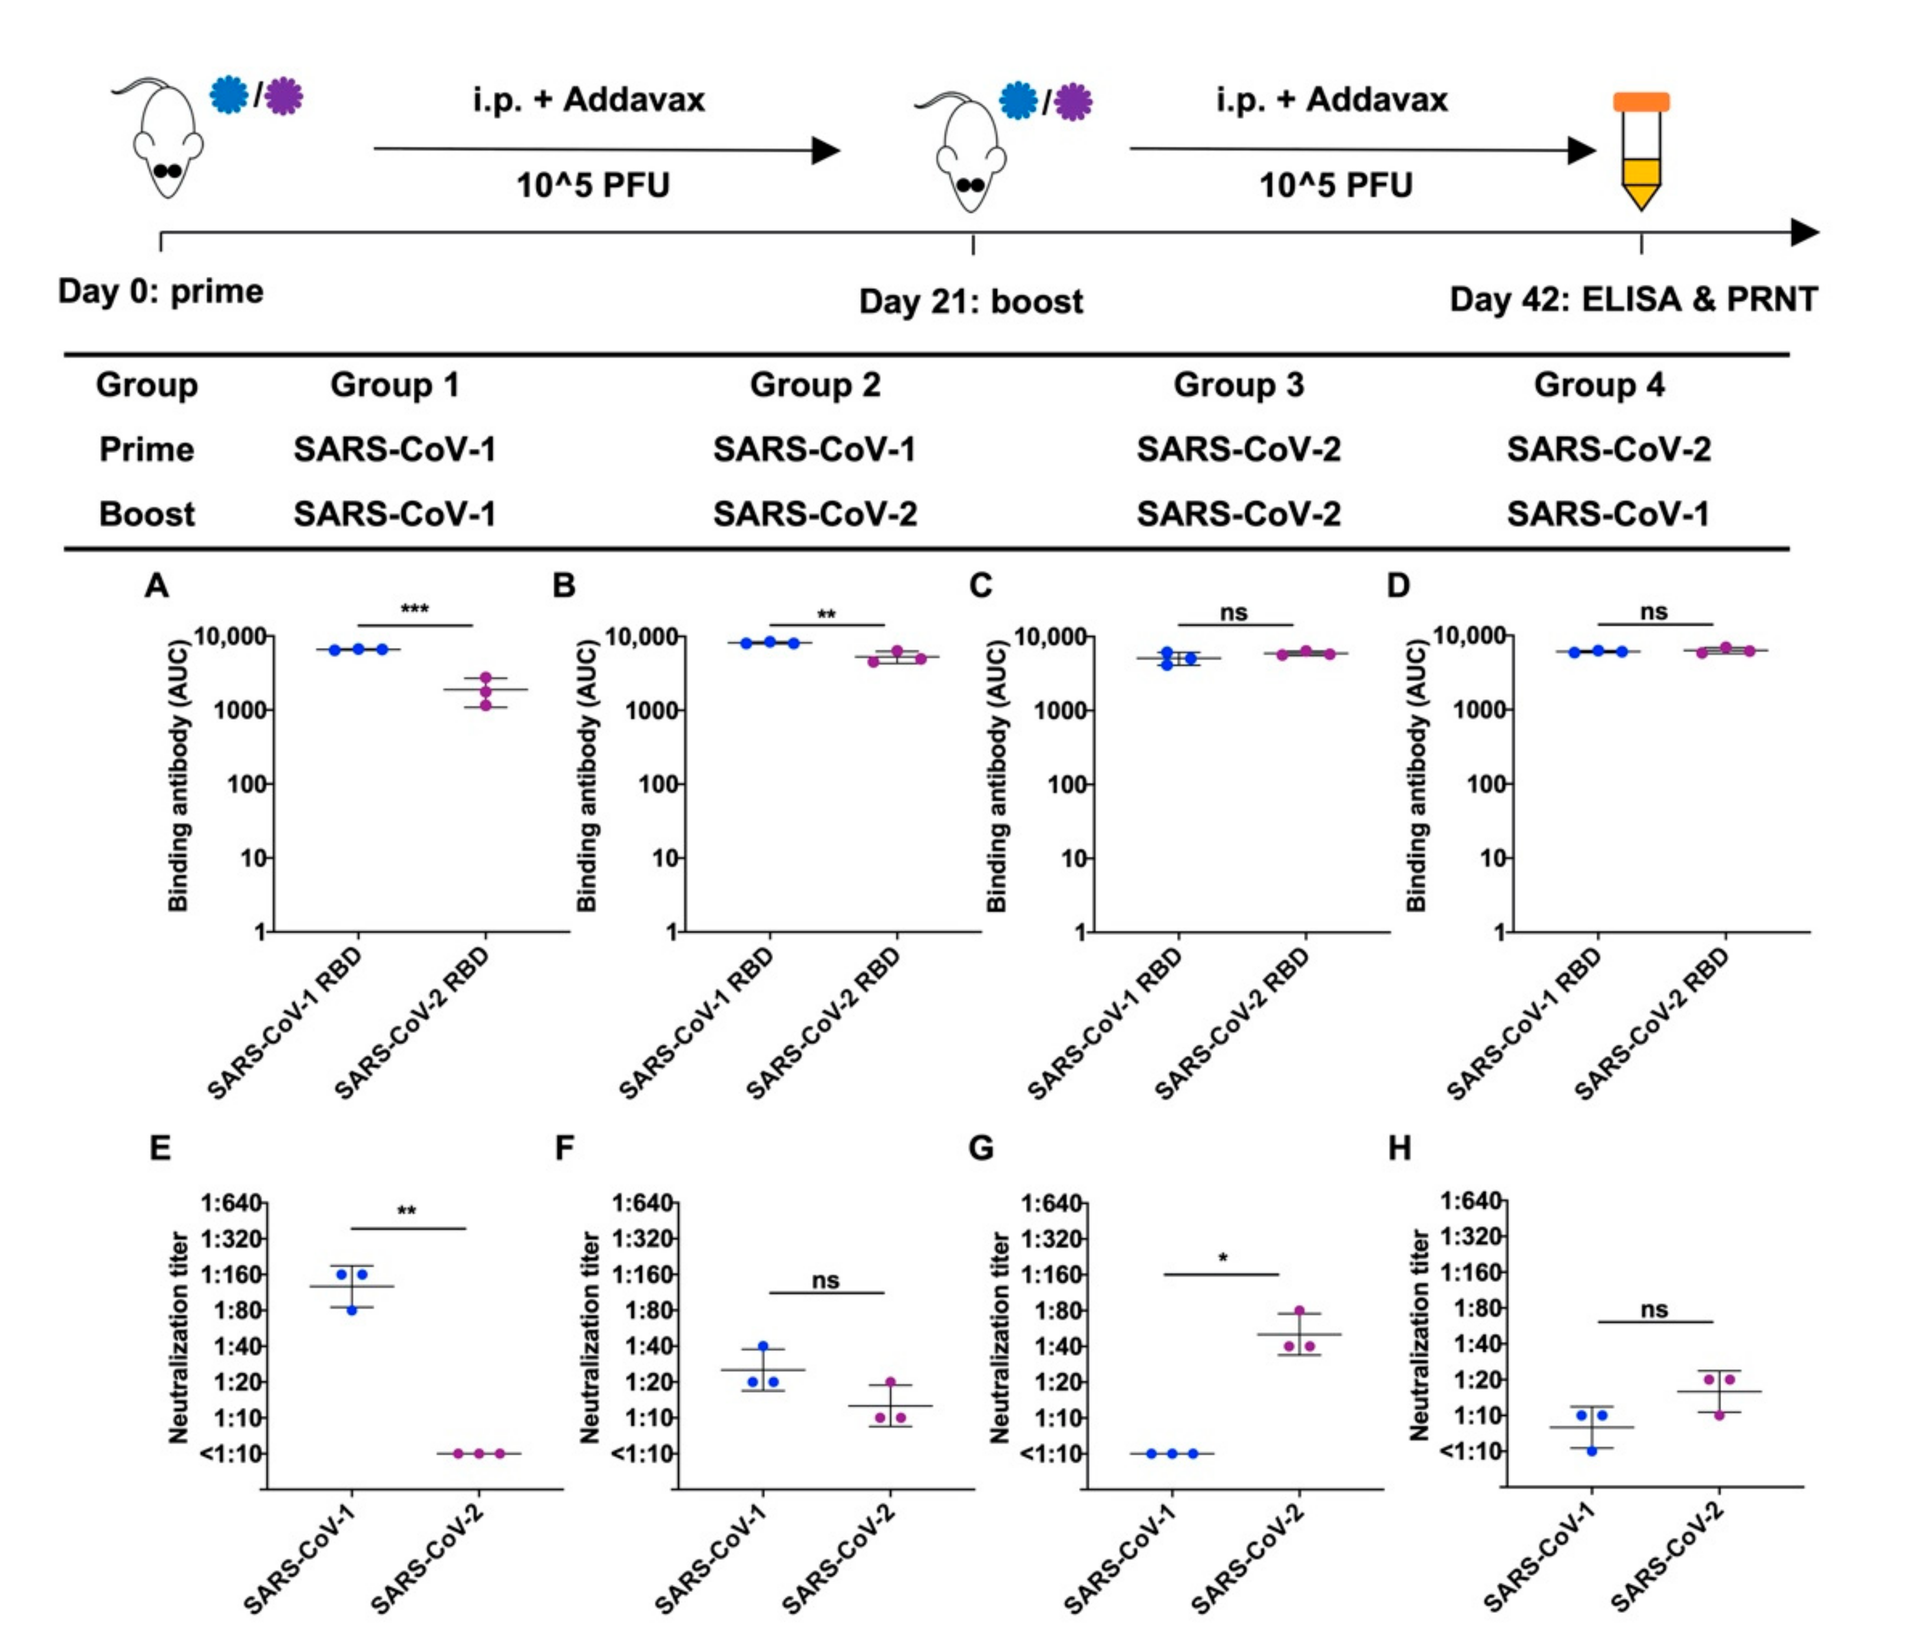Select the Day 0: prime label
click(160, 291)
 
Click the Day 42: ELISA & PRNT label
click(1633, 299)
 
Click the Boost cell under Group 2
click(815, 514)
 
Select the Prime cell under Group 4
click(1609, 449)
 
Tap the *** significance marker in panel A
click(414, 610)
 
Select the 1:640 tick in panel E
click(231, 1203)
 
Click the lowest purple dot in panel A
click(486, 705)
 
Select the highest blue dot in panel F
click(763, 1346)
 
